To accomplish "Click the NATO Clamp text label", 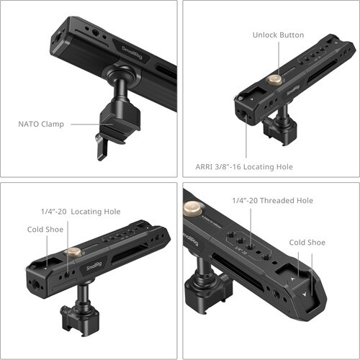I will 40,124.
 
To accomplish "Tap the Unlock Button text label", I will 278,35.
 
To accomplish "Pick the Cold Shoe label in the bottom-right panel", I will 306,243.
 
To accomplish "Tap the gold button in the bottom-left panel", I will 73,253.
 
